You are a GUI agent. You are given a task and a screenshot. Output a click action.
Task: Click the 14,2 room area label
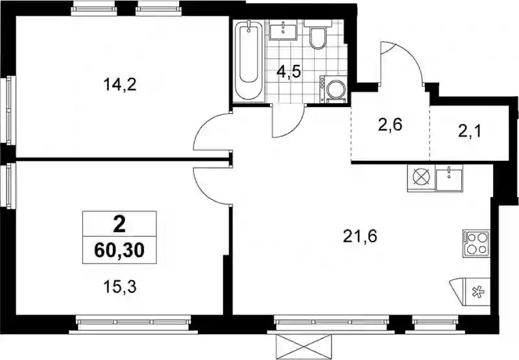[x=120, y=85]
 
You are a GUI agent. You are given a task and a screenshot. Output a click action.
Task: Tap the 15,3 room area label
[x=120, y=287]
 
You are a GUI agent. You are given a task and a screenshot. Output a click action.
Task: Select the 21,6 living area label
[x=361, y=237]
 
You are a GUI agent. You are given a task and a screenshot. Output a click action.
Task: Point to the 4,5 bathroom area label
[x=289, y=72]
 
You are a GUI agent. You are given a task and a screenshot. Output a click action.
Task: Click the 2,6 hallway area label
[x=391, y=125]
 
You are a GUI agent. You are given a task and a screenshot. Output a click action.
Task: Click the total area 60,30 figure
[x=119, y=250]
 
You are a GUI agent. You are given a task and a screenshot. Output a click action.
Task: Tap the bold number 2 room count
[x=119, y=225]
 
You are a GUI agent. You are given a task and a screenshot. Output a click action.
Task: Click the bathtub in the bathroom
[x=248, y=61]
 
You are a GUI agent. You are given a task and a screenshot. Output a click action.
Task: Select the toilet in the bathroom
[x=318, y=37]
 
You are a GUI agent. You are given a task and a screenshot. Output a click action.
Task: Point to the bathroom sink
[x=284, y=30]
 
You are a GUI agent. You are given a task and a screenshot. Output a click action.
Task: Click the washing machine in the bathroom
[x=333, y=89]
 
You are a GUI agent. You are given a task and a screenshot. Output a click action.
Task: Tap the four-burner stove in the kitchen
[x=476, y=243]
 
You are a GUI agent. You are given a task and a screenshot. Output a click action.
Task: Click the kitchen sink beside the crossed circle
[x=448, y=178]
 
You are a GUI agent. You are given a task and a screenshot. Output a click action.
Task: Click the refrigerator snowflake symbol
[x=477, y=292]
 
